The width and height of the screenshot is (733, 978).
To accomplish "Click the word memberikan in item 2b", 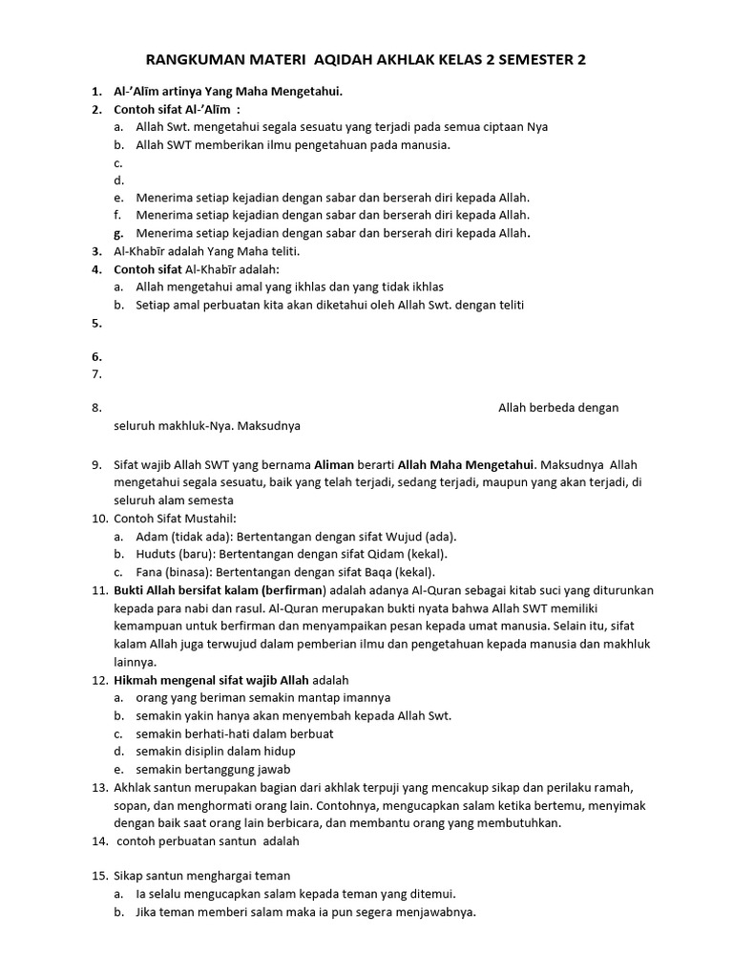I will tap(237, 144).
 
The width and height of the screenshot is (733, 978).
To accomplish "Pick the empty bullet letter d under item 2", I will tap(118, 180).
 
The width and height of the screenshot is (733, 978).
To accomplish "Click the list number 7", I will tap(97, 374).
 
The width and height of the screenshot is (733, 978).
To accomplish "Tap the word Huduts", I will tap(156, 554).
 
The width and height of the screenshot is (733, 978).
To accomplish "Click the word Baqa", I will tap(375, 572).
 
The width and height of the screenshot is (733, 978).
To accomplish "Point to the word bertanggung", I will tap(217, 769).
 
